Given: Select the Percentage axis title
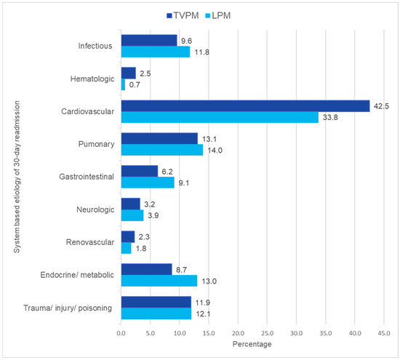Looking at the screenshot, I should [x=252, y=343].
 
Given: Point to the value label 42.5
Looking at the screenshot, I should [x=383, y=105].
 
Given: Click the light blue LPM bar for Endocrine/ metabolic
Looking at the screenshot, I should [x=159, y=281].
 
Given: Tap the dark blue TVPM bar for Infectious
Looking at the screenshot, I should [x=148, y=40].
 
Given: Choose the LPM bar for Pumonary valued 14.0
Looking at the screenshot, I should [x=161, y=150].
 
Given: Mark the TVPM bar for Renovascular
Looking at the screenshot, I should [x=127, y=236].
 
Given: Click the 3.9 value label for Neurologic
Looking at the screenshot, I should [x=152, y=215].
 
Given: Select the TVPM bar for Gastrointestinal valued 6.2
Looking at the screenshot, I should [x=139, y=171].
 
